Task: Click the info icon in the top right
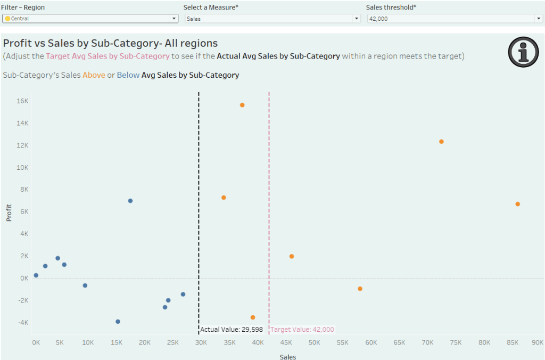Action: (x=524, y=52)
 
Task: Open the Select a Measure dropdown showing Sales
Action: (x=272, y=18)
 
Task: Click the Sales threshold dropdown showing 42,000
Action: (x=455, y=18)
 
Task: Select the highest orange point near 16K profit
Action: (x=242, y=105)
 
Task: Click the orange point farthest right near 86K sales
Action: (x=517, y=204)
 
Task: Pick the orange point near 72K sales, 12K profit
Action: (x=441, y=142)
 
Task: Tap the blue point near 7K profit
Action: (x=130, y=201)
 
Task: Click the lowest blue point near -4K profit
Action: (x=118, y=322)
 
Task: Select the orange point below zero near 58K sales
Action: (x=360, y=289)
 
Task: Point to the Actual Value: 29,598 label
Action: (x=232, y=330)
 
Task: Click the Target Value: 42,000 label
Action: (x=302, y=330)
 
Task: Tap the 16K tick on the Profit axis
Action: (x=22, y=101)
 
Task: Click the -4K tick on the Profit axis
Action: (x=22, y=322)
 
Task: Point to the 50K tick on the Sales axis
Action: (x=315, y=342)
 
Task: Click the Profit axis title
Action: (x=9, y=212)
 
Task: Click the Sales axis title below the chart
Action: (x=288, y=356)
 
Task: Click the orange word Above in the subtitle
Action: (x=94, y=75)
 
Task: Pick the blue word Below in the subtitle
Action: (x=128, y=75)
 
